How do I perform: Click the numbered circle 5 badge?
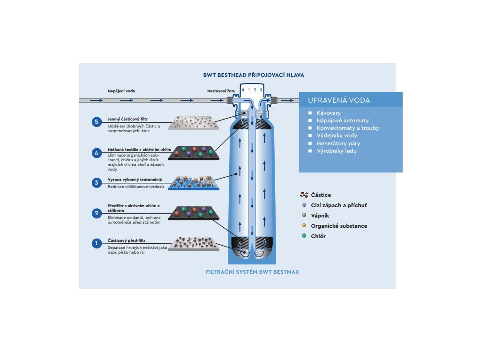pyautogui.click(x=97, y=122)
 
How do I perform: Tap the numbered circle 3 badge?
pyautogui.click(x=97, y=183)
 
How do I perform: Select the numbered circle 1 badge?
pyautogui.click(x=97, y=243)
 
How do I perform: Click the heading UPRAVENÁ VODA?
pyautogui.click(x=339, y=100)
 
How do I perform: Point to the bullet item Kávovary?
pyautogui.click(x=329, y=113)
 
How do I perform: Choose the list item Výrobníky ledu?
pyautogui.click(x=337, y=151)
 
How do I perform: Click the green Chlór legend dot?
pyautogui.click(x=304, y=236)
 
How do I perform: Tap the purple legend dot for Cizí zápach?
pyautogui.click(x=304, y=205)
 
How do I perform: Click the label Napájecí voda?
pyautogui.click(x=121, y=91)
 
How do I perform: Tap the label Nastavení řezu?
pyautogui.click(x=221, y=91)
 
